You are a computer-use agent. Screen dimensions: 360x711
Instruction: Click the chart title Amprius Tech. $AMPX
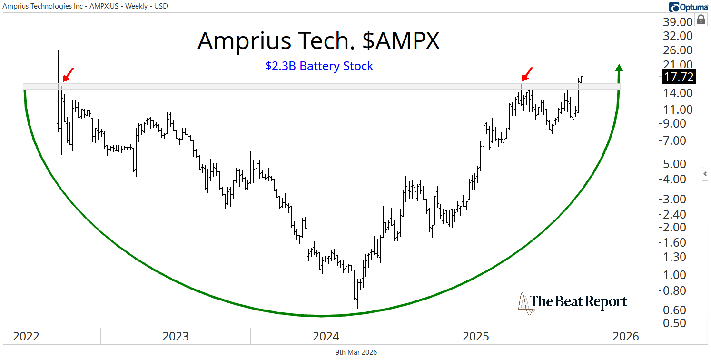point(318,41)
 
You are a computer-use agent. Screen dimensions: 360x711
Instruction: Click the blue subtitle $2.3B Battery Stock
point(319,66)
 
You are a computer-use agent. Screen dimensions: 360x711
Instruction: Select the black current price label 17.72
point(678,77)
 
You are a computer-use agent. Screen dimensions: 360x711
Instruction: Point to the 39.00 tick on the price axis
point(679,22)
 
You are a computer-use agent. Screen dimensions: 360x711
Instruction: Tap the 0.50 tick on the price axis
point(679,322)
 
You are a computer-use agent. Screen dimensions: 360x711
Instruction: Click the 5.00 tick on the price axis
point(679,163)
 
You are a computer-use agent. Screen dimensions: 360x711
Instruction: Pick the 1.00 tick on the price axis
point(679,275)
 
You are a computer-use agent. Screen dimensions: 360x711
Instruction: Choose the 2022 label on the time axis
point(26,337)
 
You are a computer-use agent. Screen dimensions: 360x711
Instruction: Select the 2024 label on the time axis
point(326,337)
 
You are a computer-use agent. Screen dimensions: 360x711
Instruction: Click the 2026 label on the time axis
point(626,337)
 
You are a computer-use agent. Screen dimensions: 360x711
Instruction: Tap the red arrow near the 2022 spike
point(68,75)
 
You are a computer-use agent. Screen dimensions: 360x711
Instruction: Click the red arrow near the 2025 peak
point(527,74)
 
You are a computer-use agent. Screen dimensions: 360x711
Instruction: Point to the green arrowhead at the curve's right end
point(619,68)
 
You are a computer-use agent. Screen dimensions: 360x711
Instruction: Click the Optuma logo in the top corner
point(688,7)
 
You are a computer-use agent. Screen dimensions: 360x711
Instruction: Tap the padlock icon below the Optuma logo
point(701,20)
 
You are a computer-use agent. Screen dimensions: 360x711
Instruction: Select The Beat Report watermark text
point(578,301)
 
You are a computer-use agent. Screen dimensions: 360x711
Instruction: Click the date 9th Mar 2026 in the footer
point(355,352)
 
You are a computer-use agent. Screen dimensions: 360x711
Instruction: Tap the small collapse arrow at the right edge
point(705,174)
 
